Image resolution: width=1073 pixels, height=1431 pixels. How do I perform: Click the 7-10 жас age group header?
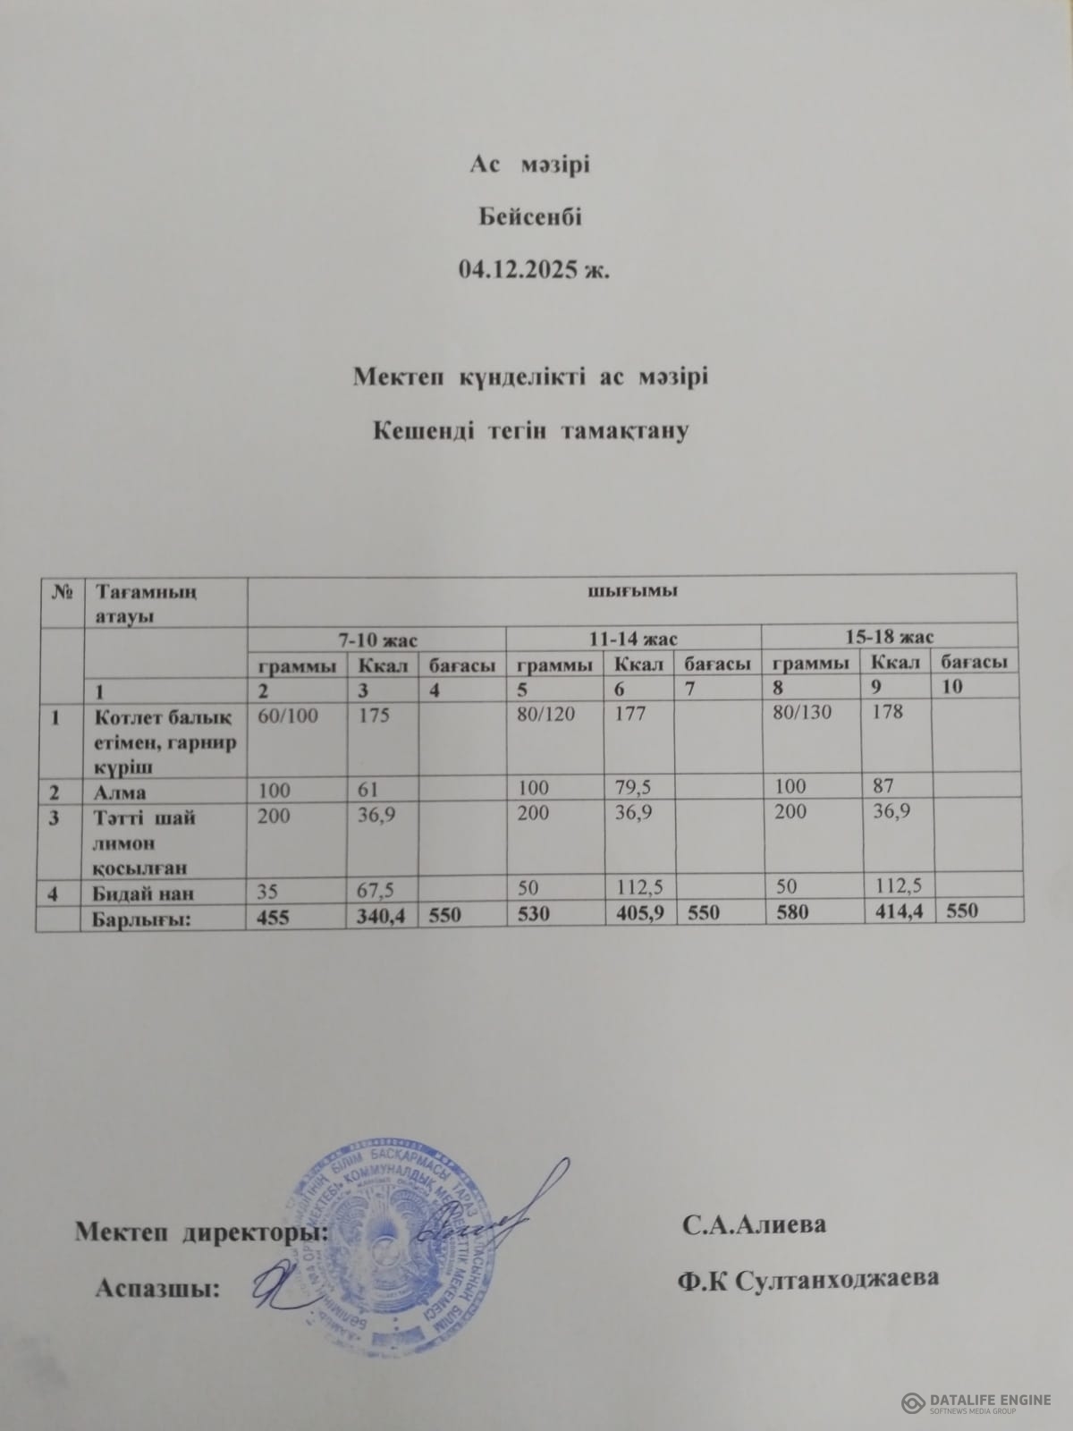point(376,639)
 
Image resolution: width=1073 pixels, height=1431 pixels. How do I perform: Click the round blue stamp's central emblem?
point(386,1239)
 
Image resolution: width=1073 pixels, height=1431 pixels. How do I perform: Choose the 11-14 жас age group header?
point(633,638)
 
